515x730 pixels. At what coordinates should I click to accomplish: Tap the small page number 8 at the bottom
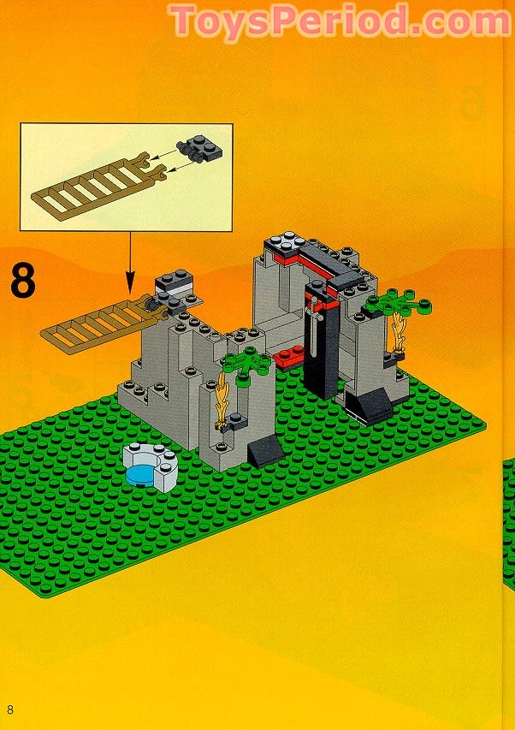(10, 709)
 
